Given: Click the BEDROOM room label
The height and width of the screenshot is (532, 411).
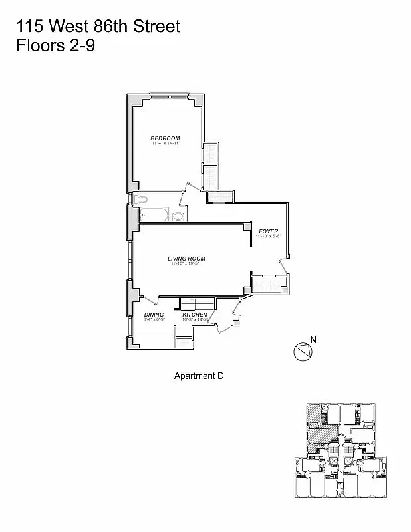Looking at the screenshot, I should pos(165,138).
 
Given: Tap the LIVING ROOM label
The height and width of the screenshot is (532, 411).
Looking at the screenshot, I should pos(186,259).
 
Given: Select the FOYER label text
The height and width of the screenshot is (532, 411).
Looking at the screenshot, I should pos(269,231).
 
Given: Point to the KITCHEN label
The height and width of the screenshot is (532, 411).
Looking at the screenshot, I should pos(195,315).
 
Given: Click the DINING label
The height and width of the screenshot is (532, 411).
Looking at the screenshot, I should pos(154,315).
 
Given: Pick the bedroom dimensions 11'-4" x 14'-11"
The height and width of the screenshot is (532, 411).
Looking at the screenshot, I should pos(166,144).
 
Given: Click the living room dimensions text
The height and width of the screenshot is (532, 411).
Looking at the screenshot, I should pos(186,264).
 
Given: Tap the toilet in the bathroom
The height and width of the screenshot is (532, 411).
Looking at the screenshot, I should pos(142,199).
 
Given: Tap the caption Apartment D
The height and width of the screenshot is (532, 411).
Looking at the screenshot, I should pos(199,376).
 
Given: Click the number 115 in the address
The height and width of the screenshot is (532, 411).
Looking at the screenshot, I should pos(29,27).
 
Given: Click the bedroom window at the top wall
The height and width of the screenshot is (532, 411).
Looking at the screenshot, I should pos(170,97).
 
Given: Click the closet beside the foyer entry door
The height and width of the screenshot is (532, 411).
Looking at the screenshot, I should pos(269,285).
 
